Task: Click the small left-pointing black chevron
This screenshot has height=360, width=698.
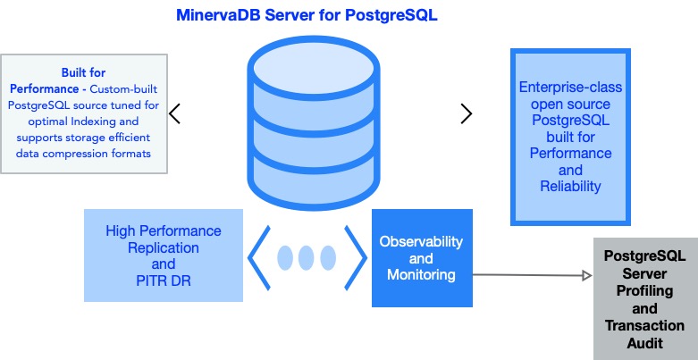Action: coord(174,113)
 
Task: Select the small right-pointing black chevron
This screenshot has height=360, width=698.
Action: coord(466,113)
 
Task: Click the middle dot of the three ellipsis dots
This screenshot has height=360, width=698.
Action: coord(307,257)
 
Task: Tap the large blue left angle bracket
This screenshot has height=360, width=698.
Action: coord(259,257)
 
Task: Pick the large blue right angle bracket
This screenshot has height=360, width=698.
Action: coord(355,257)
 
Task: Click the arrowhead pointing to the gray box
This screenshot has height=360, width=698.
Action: coord(587,275)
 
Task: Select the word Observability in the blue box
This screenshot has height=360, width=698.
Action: coord(421,241)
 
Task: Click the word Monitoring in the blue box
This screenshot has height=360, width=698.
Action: coord(421,274)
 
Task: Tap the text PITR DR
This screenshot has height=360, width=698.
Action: coord(164,280)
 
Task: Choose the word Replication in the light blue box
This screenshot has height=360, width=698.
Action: coord(164,247)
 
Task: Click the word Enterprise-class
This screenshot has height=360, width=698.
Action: coord(571,87)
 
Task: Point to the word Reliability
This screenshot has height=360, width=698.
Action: coord(571,186)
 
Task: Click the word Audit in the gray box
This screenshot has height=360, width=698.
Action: coord(645,343)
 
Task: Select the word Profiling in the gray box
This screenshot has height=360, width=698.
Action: coord(644,291)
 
